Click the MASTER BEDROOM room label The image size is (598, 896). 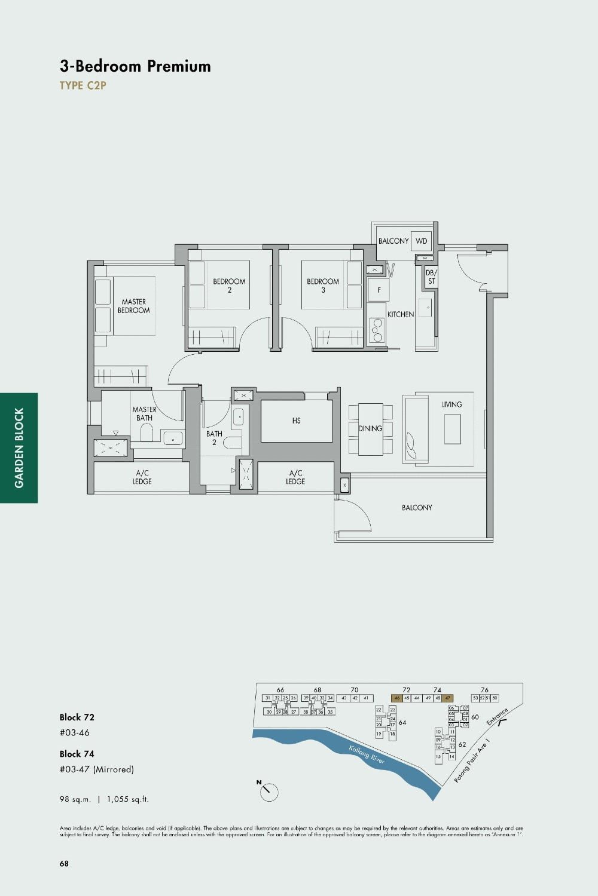click(133, 306)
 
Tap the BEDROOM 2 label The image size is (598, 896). click(229, 286)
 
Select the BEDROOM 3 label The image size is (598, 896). click(323, 286)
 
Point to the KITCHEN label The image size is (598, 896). click(400, 314)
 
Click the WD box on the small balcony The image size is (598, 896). click(422, 241)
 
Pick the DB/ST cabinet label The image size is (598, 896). click(431, 277)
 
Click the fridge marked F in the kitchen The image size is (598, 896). click(379, 290)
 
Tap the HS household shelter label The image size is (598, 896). click(297, 421)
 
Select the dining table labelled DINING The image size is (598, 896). click(371, 428)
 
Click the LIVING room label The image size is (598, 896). click(451, 404)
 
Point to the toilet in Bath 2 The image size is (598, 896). click(233, 443)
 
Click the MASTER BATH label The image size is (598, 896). click(144, 413)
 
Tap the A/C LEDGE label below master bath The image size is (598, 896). click(142, 477)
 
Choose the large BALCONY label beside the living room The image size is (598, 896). click(417, 508)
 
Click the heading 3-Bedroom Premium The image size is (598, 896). click(135, 66)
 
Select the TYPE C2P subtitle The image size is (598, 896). click(83, 85)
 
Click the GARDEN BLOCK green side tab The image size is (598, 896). click(19, 447)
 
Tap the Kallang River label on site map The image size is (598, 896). click(367, 754)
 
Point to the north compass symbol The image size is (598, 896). click(269, 791)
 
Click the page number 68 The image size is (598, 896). click(64, 863)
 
